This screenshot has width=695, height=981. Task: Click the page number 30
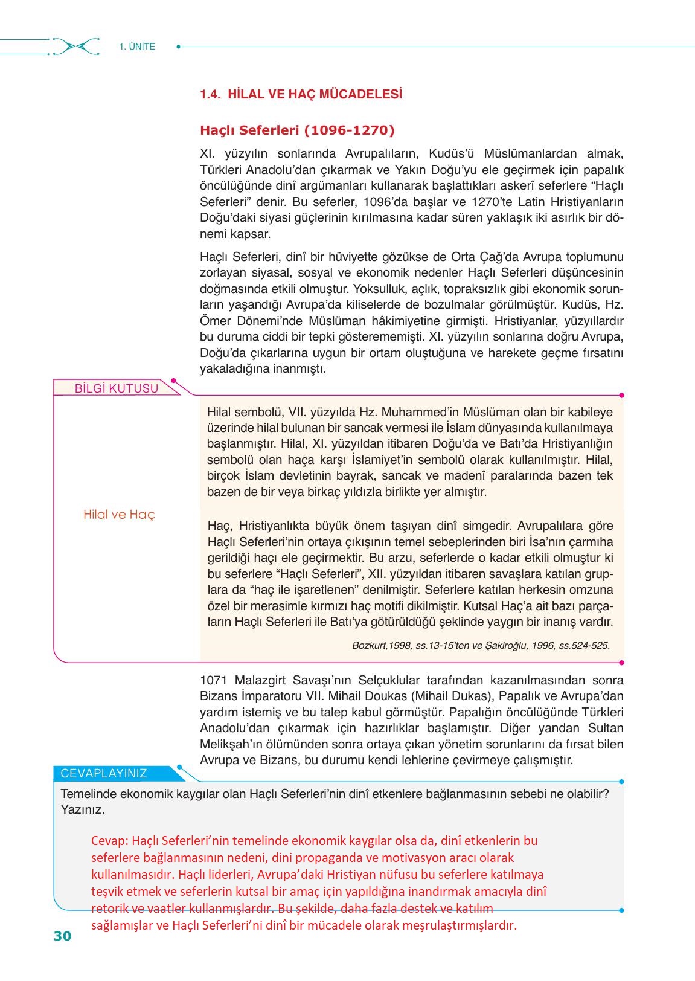[62, 936]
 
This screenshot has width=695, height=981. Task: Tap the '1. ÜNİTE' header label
[137, 47]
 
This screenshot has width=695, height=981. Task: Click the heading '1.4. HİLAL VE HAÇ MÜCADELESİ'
[301, 94]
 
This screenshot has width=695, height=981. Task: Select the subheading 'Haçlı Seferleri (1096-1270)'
[297, 130]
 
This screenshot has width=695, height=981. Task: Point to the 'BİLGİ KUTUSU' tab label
[116, 388]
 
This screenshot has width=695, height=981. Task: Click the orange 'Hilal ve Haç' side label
[119, 515]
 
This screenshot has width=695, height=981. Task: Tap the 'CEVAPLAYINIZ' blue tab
[104, 773]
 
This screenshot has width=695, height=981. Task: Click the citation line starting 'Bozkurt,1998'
[481, 645]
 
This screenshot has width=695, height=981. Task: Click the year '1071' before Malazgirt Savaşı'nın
[214, 680]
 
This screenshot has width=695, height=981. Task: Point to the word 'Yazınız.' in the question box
[83, 809]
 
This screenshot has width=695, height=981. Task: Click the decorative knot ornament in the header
[76, 47]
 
